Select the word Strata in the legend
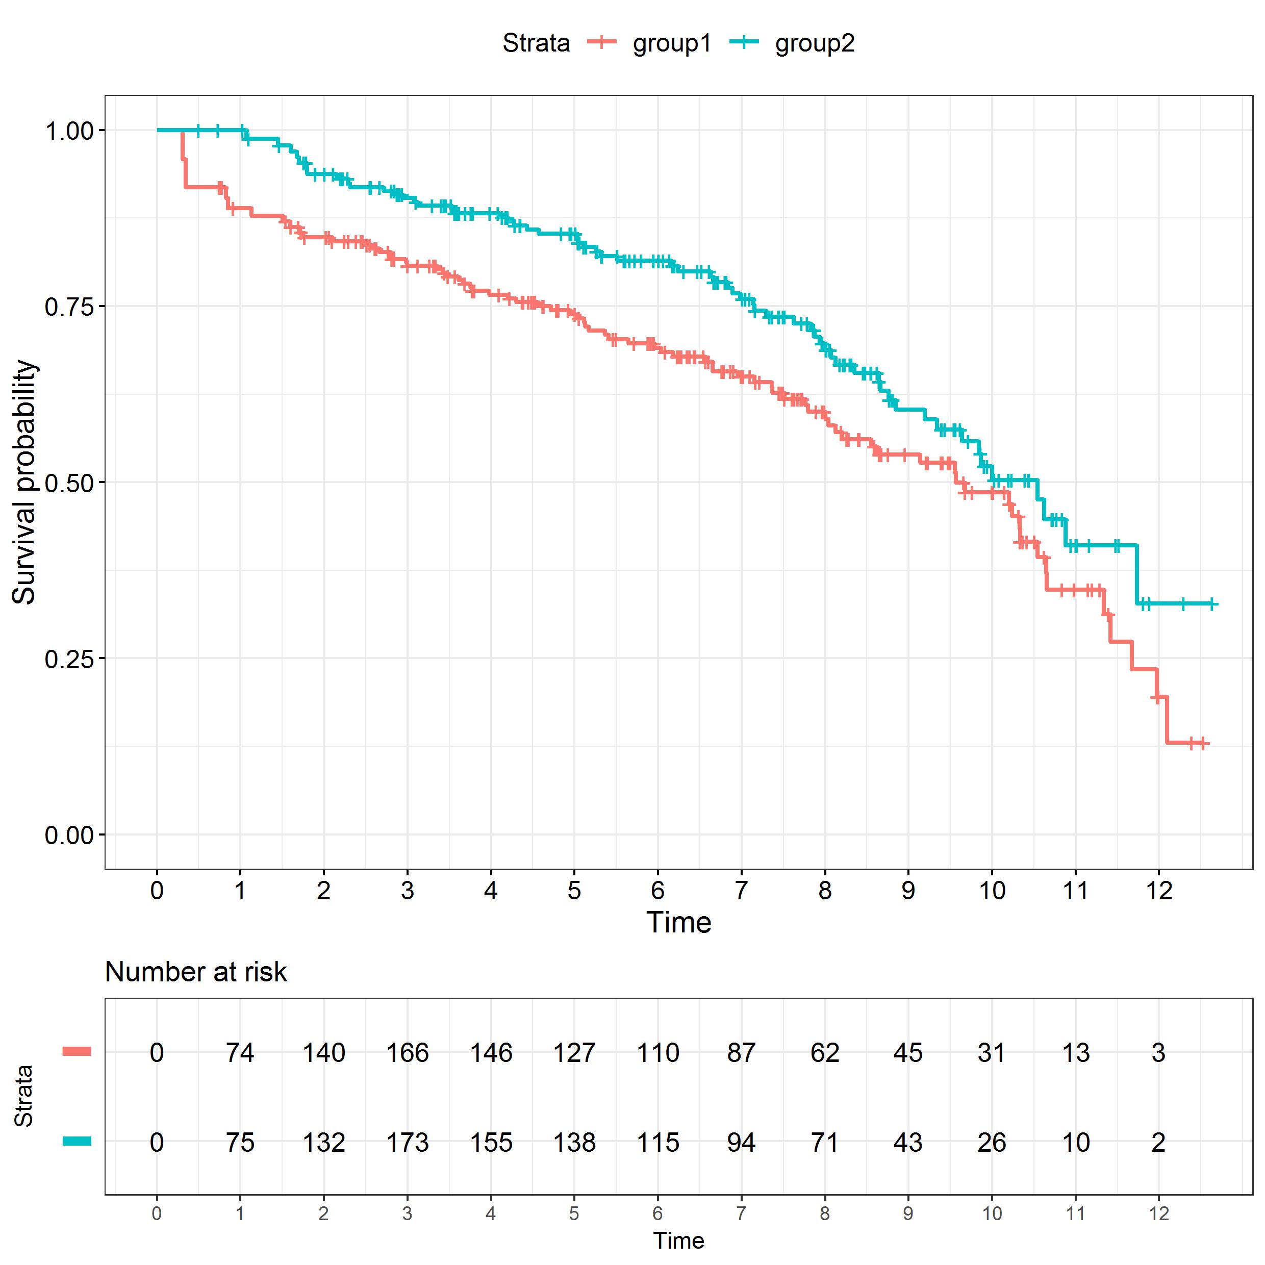point(536,43)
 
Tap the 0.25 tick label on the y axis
point(68,659)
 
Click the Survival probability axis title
point(25,483)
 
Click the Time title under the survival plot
point(678,923)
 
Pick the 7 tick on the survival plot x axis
point(741,891)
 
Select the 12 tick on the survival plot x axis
point(1158,891)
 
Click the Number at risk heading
point(196,972)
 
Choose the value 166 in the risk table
point(407,1053)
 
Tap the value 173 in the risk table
point(407,1143)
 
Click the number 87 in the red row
point(741,1053)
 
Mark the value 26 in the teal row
point(991,1143)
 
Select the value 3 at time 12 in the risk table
point(1158,1053)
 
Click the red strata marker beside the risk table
point(77,1052)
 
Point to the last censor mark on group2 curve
point(1211,604)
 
